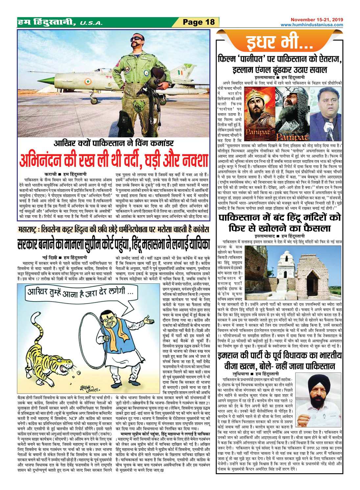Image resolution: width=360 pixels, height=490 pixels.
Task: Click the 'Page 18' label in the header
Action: (x=199, y=22)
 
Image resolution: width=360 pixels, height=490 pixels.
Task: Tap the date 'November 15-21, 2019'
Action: (x=317, y=20)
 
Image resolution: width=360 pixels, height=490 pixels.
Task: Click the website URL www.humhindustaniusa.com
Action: (x=312, y=25)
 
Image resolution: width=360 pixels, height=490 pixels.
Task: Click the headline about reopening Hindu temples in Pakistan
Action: (x=279, y=222)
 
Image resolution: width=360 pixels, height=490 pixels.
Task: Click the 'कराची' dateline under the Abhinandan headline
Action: (x=51, y=173)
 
